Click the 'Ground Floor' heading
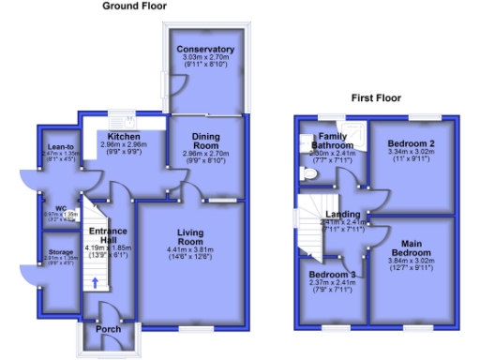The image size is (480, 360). [135, 6]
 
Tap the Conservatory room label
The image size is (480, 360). [205, 49]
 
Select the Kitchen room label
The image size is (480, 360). [118, 136]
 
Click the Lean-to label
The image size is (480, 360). [58, 147]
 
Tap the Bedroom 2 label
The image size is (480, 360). [409, 143]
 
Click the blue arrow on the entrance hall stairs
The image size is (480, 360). [95, 283]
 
